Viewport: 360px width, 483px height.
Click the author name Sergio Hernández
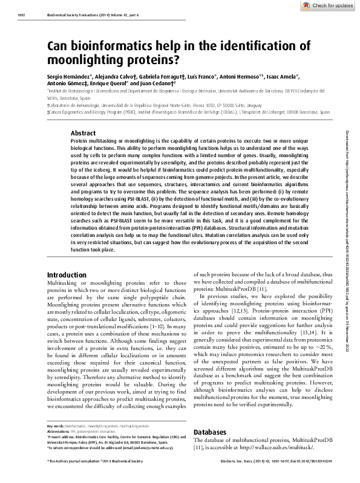(68, 79)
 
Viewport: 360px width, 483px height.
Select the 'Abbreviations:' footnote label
(59, 431)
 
